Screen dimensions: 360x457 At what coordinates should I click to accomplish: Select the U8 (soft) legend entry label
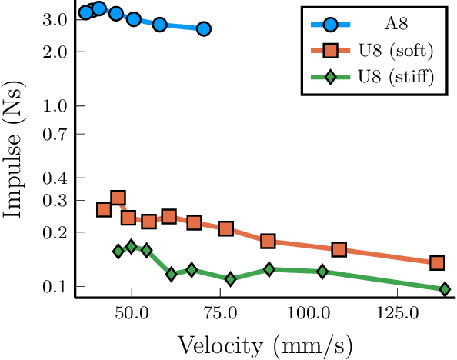point(396,51)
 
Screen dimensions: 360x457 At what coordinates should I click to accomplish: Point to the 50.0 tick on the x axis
point(132,315)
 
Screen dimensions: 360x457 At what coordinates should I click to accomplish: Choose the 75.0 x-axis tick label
point(220,315)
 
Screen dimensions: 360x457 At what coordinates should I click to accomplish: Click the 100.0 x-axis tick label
point(308,315)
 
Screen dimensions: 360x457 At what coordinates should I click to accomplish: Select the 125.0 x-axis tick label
point(396,315)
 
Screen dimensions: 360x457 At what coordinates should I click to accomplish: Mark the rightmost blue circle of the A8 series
point(203,28)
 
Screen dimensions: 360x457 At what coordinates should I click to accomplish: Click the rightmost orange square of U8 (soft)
point(437,263)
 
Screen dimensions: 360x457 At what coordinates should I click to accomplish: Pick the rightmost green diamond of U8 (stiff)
point(445,289)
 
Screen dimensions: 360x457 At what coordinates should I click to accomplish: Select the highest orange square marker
point(118,198)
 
